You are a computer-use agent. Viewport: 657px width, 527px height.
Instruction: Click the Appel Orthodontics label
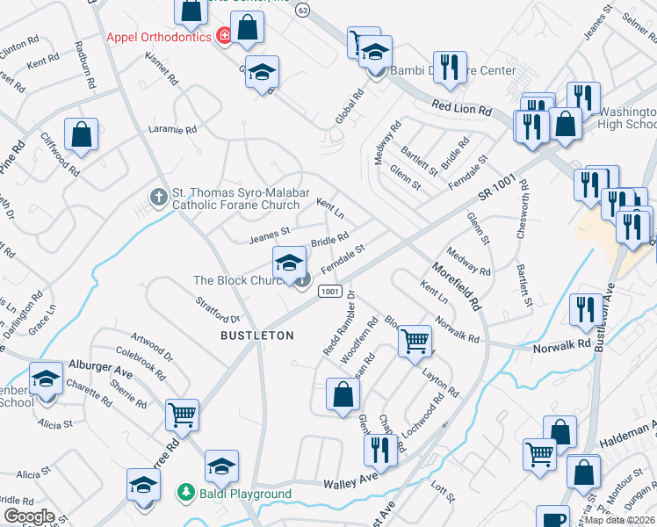click(x=158, y=37)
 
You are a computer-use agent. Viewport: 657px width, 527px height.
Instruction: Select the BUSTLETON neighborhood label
click(x=256, y=336)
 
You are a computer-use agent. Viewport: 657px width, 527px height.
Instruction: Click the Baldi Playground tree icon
click(x=184, y=492)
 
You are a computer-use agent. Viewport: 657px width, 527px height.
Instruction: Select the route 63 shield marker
click(x=303, y=10)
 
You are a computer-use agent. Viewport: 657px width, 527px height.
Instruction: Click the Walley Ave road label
click(x=350, y=484)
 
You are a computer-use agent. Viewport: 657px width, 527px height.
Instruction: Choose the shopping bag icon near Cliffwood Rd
click(x=81, y=136)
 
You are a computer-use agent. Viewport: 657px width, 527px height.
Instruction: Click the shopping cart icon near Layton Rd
click(x=415, y=340)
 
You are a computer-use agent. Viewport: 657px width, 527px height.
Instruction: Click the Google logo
click(x=29, y=516)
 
